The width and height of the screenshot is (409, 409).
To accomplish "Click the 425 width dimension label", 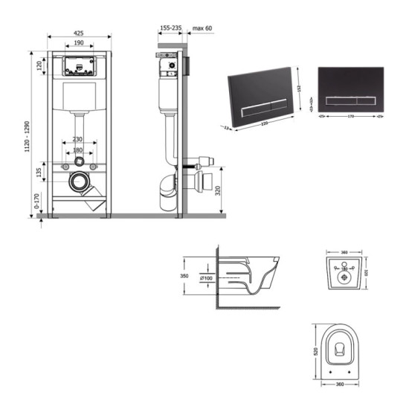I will pyautogui.click(x=78, y=33).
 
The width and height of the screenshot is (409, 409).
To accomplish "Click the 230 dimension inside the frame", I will pyautogui.click(x=78, y=139).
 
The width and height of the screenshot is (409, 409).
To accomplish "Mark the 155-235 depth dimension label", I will pyautogui.click(x=170, y=28).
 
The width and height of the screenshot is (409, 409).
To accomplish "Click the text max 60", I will pyautogui.click(x=202, y=28).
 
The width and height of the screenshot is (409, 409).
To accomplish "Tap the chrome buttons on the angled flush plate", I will pyautogui.click(x=261, y=105).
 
